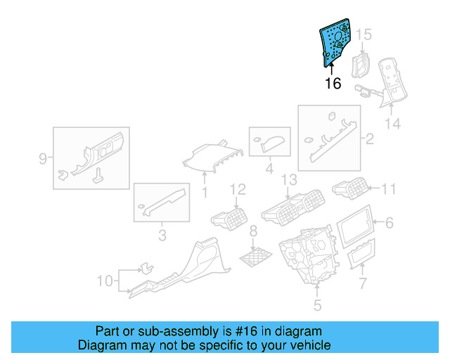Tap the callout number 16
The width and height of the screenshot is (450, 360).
click(333, 84)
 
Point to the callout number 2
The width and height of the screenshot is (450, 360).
click(370, 139)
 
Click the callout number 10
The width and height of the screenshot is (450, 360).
click(104, 281)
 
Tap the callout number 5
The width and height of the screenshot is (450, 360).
click(317, 305)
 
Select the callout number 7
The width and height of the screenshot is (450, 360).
click(363, 283)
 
